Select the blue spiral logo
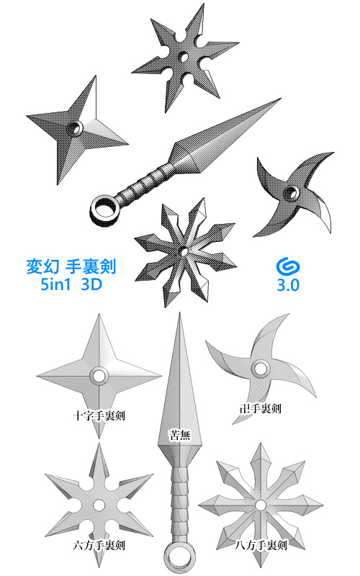point(288,266)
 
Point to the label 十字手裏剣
point(99,415)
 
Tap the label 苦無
point(179,434)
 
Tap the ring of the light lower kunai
point(178,557)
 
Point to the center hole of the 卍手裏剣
point(256,370)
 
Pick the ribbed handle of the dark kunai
point(144,184)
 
